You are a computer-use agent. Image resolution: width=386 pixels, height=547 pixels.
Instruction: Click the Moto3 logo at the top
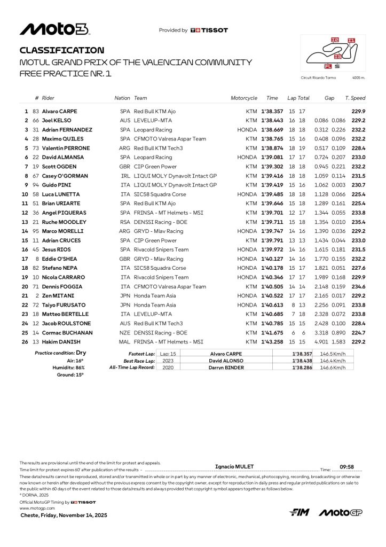coord(54,29)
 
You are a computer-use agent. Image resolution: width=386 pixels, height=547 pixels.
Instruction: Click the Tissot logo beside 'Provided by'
coord(209,30)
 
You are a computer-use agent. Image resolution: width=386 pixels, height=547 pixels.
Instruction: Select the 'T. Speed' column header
coord(355,98)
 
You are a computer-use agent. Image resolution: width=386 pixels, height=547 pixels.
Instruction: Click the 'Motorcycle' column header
coord(244,98)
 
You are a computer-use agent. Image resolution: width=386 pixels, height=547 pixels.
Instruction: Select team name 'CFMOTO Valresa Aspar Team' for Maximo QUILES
coord(170,139)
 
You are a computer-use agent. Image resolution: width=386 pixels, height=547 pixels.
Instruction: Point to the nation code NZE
coord(125,332)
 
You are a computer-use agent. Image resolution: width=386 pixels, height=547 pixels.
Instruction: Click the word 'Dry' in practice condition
coord(81,353)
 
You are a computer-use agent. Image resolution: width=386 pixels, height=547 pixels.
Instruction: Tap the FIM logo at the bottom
coord(299,512)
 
